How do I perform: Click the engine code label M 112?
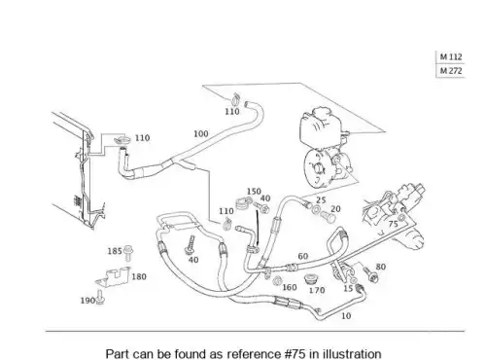click(451, 57)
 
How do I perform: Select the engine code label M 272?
click(451, 71)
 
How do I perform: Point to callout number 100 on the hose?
click(201, 133)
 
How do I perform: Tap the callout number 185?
click(115, 251)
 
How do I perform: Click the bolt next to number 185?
click(129, 253)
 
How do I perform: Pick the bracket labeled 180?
click(114, 277)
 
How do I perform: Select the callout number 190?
click(87, 301)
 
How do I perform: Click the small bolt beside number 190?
click(100, 298)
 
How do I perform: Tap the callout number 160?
click(290, 287)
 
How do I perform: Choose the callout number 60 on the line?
click(303, 256)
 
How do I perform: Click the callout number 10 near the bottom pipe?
click(346, 315)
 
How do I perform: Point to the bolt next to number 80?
click(369, 274)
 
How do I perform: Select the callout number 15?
click(348, 288)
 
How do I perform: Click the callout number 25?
click(321, 200)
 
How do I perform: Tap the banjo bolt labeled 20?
click(329, 217)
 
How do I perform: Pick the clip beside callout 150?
click(242, 203)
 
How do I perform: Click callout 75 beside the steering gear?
click(393, 224)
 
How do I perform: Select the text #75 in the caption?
click(295, 353)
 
